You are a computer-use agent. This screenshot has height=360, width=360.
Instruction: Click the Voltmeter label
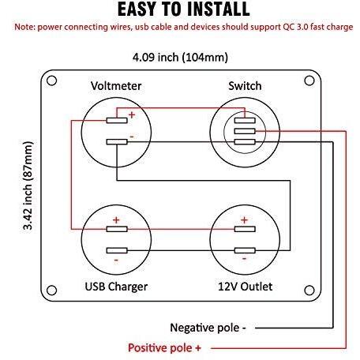tap(116, 86)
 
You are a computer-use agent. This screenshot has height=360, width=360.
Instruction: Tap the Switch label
tap(245, 86)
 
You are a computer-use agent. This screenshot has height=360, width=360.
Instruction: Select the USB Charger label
tap(116, 287)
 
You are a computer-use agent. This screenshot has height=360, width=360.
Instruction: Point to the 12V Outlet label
tap(245, 287)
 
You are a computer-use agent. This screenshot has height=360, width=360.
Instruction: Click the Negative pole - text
tap(208, 328)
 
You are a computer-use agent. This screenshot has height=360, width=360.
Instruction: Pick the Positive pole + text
tap(164, 348)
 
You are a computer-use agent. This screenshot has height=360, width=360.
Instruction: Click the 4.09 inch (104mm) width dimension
tap(180, 58)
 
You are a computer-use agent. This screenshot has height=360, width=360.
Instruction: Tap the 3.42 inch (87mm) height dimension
tap(28, 186)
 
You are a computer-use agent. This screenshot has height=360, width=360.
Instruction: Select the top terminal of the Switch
tap(245, 120)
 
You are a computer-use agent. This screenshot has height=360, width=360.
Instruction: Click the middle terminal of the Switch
tap(245, 131)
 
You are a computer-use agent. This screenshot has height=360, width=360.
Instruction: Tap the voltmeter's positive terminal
tap(117, 120)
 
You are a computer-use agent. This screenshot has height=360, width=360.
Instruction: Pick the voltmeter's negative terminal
tap(117, 142)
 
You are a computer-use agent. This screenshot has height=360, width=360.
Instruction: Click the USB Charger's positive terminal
tap(117, 229)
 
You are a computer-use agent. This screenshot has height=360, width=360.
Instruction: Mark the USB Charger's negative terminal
tap(117, 250)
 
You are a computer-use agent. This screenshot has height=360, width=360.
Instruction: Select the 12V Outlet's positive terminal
tap(245, 229)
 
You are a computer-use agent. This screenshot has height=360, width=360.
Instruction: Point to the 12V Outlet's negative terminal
tap(245, 250)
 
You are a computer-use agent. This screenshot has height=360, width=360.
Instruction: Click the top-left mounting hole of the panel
tap(51, 81)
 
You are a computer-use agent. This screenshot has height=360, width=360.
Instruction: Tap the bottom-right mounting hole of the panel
tap(309, 291)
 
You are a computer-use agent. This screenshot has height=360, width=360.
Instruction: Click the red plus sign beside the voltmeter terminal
tap(132, 114)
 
